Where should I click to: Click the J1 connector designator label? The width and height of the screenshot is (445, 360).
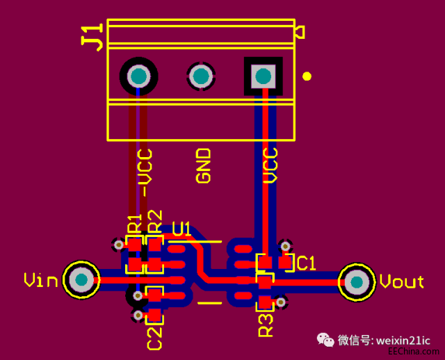[x=92, y=36]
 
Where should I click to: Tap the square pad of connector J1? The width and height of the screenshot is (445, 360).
[x=263, y=76]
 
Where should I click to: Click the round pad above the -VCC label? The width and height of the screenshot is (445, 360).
[x=138, y=76]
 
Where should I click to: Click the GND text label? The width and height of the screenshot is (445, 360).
[x=203, y=165]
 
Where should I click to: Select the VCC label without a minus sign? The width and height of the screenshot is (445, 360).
[x=270, y=165]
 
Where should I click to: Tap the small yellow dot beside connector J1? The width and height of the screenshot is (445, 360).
[x=307, y=76]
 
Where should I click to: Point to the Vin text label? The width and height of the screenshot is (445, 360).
[x=41, y=280]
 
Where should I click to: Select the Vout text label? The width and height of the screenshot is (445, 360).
[x=401, y=282]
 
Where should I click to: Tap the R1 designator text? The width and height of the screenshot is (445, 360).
[x=134, y=223]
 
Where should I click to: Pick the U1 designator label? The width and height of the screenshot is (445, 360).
[x=181, y=229]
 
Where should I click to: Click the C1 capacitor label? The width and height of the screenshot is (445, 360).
[x=306, y=263]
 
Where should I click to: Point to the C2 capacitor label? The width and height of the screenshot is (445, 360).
[x=154, y=337]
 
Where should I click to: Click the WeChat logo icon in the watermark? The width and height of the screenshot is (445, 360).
[x=325, y=340]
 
